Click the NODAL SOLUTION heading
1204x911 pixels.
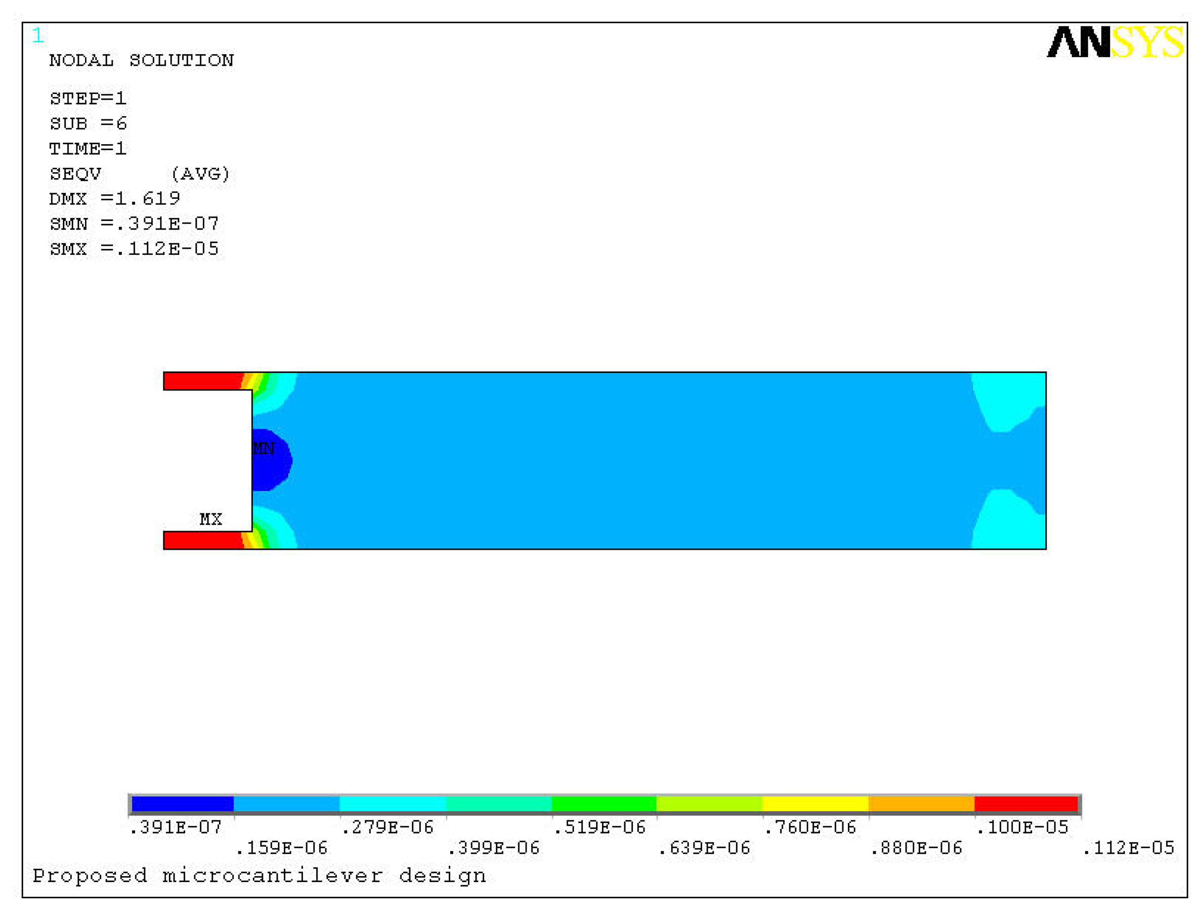coord(142,60)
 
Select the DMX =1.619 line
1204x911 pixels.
coord(115,199)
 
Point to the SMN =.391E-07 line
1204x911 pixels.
coord(134,224)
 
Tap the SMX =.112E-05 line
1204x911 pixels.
coord(134,249)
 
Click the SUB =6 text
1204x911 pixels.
coord(88,123)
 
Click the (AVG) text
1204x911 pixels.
coord(200,173)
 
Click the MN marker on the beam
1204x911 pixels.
coord(264,449)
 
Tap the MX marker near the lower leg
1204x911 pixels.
coord(210,518)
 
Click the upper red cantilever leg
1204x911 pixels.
coord(201,381)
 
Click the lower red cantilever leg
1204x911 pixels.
coord(201,540)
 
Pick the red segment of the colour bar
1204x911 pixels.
coord(1025,804)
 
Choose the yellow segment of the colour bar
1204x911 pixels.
coord(815,804)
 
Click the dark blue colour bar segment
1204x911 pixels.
coord(182,804)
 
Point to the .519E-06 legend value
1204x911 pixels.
coord(599,827)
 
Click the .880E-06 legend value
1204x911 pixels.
coord(916,848)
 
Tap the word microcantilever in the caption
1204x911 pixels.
coord(272,876)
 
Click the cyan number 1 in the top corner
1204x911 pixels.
coord(37,36)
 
